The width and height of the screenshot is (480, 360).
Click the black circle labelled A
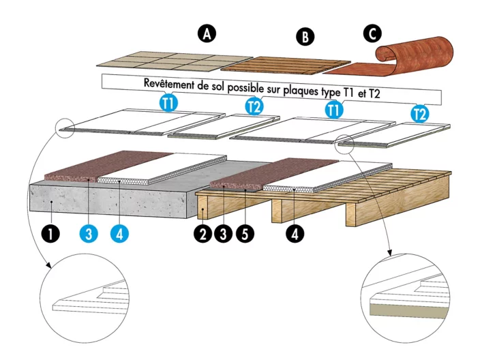click(x=205, y=33)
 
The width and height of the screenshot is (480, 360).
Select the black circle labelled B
click(x=304, y=37)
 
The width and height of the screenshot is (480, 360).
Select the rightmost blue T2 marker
click(x=421, y=113)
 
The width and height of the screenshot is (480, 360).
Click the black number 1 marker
click(x=52, y=232)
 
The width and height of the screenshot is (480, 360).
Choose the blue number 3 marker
click(x=88, y=232)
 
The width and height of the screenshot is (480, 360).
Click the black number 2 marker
click(x=202, y=232)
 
